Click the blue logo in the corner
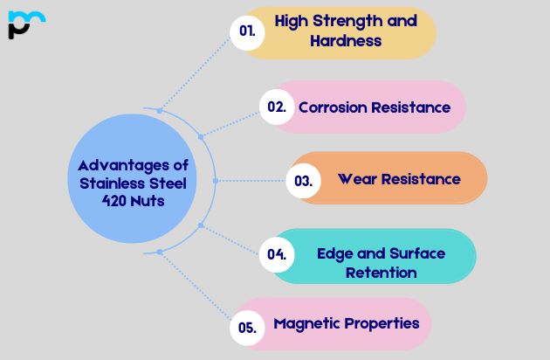pos(25,24)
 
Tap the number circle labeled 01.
pos(247,31)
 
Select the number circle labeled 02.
pos(277,107)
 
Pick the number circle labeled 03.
pos(303,181)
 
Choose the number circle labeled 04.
pos(277,255)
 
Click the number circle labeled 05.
pos(247,329)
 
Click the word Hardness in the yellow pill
pos(346,40)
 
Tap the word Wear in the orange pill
pos(356,179)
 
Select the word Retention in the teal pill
pos(381,273)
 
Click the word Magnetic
pos(306,323)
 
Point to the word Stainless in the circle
pos(102,183)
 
